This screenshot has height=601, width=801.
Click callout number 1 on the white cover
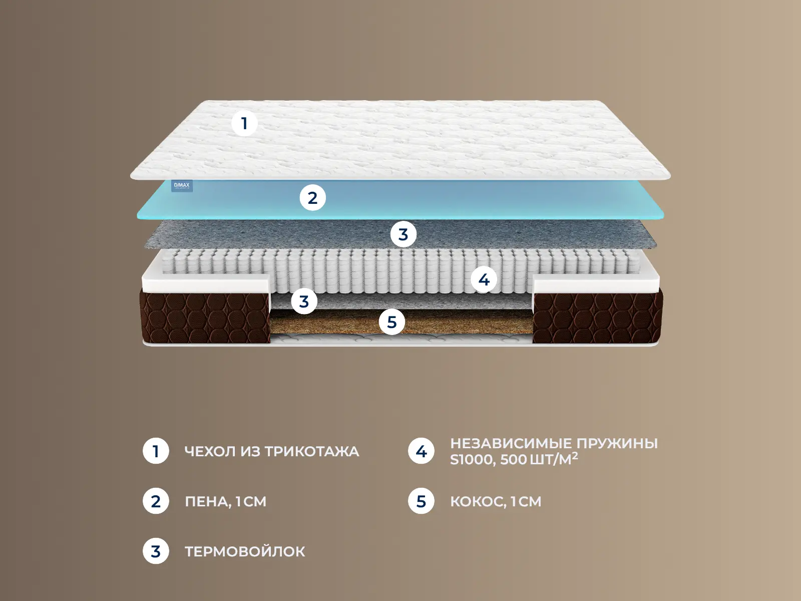click(x=244, y=123)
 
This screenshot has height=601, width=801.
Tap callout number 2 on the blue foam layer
click(x=313, y=198)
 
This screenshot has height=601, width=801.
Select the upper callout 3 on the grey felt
click(x=403, y=234)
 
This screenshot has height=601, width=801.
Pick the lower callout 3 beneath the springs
click(x=304, y=302)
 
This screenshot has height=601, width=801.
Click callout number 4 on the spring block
click(x=484, y=280)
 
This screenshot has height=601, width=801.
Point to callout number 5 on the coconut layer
click(x=392, y=322)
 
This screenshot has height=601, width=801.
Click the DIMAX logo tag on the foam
click(x=182, y=186)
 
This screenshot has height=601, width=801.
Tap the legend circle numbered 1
click(x=156, y=451)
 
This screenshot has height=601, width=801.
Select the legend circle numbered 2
click(x=156, y=501)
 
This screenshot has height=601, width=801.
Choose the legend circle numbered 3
click(x=156, y=551)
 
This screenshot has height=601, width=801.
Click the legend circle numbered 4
click(x=421, y=451)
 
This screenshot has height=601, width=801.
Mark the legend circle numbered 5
click(x=421, y=501)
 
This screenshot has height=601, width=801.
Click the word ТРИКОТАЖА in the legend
click(x=312, y=452)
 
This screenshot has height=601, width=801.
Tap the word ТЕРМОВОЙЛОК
click(x=245, y=551)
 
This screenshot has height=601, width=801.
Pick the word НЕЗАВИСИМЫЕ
click(x=511, y=443)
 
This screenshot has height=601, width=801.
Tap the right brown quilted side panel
click(x=598, y=316)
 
